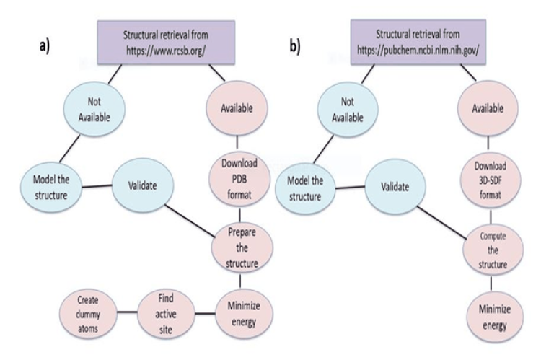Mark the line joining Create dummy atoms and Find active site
pyautogui.click(x=126, y=312)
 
